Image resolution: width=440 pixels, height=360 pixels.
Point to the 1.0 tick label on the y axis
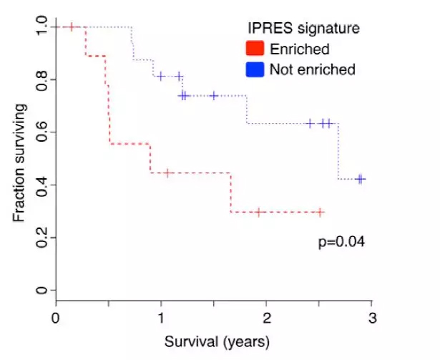(x=41, y=27)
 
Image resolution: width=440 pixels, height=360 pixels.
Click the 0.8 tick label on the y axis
(x=41, y=79)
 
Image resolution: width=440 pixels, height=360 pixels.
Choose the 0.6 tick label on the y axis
(x=41, y=132)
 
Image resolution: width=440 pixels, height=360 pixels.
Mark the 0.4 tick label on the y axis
(x=41, y=185)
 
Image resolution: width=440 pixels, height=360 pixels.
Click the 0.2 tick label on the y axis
(x=41, y=238)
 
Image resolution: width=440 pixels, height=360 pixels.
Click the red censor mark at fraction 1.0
(x=72, y=27)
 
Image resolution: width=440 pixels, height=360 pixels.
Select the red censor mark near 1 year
(x=167, y=173)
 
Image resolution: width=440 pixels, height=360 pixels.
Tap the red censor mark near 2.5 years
(x=320, y=212)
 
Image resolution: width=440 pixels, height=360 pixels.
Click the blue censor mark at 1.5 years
(x=214, y=95)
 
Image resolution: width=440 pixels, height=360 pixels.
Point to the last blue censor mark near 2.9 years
(x=361, y=179)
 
